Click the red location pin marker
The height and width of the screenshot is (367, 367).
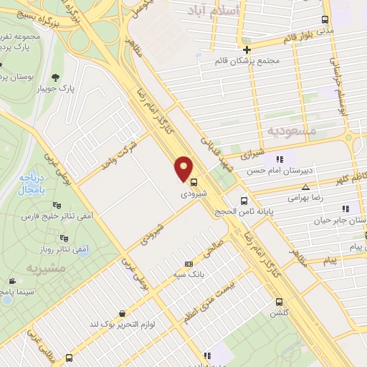[185, 168]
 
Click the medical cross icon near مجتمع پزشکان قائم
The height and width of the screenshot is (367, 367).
[247, 49]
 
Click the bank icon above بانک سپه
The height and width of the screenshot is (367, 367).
[189, 263]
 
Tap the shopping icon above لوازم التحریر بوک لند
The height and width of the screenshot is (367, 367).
[123, 313]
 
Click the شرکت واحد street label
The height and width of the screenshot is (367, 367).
[117, 151]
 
